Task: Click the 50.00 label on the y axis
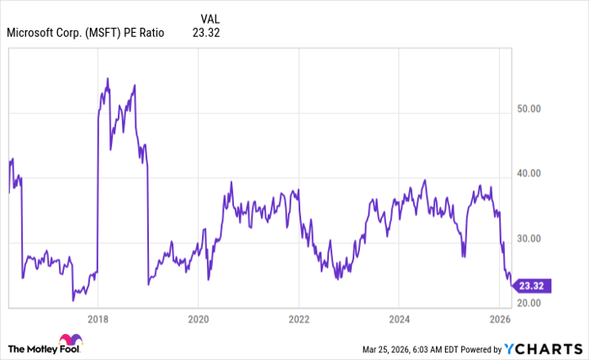[528, 109]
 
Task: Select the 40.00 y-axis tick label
[528, 174]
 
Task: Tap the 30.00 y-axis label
[528, 239]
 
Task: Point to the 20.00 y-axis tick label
[528, 303]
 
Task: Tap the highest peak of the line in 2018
[108, 78]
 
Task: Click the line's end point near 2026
[511, 284]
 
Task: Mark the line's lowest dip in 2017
[73, 300]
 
